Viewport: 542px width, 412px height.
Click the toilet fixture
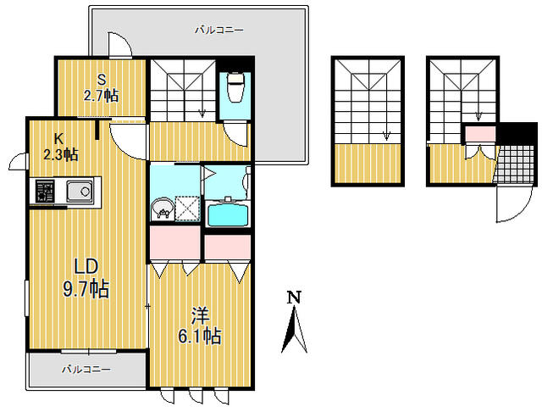click(x=235, y=86)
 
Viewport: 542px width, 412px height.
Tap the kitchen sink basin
click(x=80, y=191)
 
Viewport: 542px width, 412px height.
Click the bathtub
click(x=228, y=214)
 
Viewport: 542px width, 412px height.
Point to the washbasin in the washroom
click(x=163, y=209)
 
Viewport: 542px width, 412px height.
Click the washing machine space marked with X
click(x=187, y=209)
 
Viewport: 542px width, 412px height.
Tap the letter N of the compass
click(x=295, y=298)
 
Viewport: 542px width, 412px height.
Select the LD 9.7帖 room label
click(x=86, y=278)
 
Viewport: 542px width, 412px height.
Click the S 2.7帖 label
click(x=102, y=88)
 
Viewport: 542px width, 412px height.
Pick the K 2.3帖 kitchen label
click(x=60, y=148)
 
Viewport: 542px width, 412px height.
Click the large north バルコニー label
click(x=219, y=31)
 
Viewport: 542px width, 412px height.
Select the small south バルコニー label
click(x=86, y=370)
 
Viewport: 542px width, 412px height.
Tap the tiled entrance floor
click(x=515, y=164)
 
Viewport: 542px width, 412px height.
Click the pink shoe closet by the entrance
click(x=479, y=134)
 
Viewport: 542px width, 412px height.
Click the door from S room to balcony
click(x=119, y=45)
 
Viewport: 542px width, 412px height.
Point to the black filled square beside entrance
click(x=517, y=134)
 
